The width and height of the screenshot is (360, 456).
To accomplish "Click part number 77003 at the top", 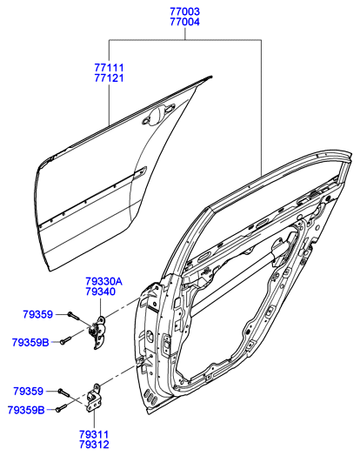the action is pyautogui.click(x=185, y=11).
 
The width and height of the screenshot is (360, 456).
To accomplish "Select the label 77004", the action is pyautogui.click(x=185, y=22).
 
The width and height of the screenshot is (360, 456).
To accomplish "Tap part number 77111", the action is pyautogui.click(x=109, y=68).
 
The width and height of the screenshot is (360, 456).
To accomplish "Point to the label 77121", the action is pyautogui.click(x=109, y=78).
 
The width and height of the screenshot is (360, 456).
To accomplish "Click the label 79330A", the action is pyautogui.click(x=103, y=281).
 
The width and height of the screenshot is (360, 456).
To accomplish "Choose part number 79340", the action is pyautogui.click(x=101, y=292).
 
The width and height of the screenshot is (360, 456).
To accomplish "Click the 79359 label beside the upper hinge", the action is pyautogui.click(x=38, y=314).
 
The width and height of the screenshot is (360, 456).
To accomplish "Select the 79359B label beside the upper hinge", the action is pyautogui.click(x=30, y=342).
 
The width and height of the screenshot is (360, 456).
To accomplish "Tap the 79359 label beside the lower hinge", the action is pyautogui.click(x=28, y=391).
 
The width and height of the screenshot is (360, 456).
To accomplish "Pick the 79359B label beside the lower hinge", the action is pyautogui.click(x=26, y=410).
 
